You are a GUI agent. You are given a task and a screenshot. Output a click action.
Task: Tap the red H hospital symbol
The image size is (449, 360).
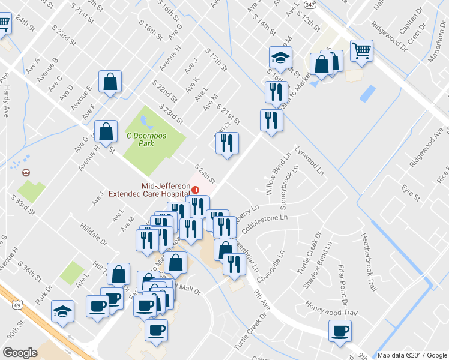[x=195, y=190]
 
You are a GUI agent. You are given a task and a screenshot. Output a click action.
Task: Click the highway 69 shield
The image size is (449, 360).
[x=16, y=305]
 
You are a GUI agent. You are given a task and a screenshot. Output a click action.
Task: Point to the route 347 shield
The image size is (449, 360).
[x=309, y=4]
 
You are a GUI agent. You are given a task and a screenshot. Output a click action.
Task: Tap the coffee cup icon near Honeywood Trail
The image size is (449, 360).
[x=340, y=331]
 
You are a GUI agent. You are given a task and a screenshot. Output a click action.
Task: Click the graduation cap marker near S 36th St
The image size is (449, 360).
[x=62, y=311]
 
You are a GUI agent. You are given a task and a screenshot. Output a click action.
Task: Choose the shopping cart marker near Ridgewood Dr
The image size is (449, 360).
[x=361, y=50]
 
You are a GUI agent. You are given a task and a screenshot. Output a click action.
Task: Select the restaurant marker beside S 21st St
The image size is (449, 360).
[x=227, y=143]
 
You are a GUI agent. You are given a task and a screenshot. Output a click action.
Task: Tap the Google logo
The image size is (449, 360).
[x=20, y=353]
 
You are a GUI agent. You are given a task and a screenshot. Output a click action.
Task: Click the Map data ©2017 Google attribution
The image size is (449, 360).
[x=412, y=355]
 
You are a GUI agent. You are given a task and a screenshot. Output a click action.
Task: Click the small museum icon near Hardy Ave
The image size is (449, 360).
[x=26, y=173]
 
